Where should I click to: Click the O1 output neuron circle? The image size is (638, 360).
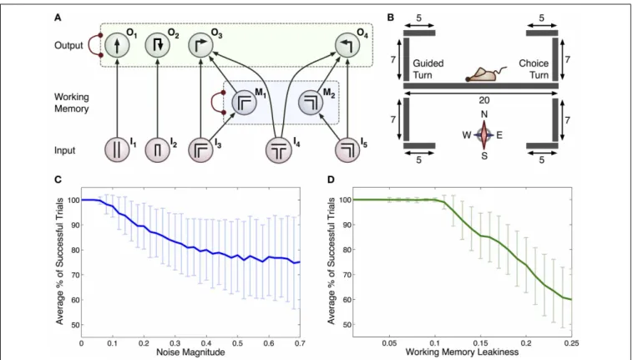tap(117, 45)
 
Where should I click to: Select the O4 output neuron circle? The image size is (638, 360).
tap(347, 45)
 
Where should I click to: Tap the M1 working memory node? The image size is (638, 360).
tap(244, 103)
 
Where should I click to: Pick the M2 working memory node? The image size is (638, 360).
tap(311, 103)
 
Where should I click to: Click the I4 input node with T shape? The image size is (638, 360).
tap(279, 150)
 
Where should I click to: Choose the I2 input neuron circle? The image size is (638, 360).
tap(158, 150)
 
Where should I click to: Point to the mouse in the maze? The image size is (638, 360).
tap(486, 74)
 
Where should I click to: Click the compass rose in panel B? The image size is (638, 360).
tap(484, 134)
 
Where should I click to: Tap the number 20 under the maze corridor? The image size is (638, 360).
tap(484, 100)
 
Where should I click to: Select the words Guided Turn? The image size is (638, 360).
tap(428, 69)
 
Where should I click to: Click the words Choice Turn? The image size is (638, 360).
tap(534, 69)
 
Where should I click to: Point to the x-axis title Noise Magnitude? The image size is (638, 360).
tap(190, 352)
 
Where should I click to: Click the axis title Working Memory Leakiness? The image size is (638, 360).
tap(462, 352)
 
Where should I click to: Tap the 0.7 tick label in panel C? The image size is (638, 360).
tap(300, 343)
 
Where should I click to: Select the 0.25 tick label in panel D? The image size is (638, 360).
tap(571, 343)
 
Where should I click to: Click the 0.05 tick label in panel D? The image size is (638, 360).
tap(390, 343)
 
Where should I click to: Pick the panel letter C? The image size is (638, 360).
tap(58, 179)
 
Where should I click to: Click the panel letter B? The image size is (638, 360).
tap(390, 18)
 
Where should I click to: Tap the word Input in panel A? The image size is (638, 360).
tap(64, 150)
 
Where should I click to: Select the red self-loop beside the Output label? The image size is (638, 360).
tap(96, 45)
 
